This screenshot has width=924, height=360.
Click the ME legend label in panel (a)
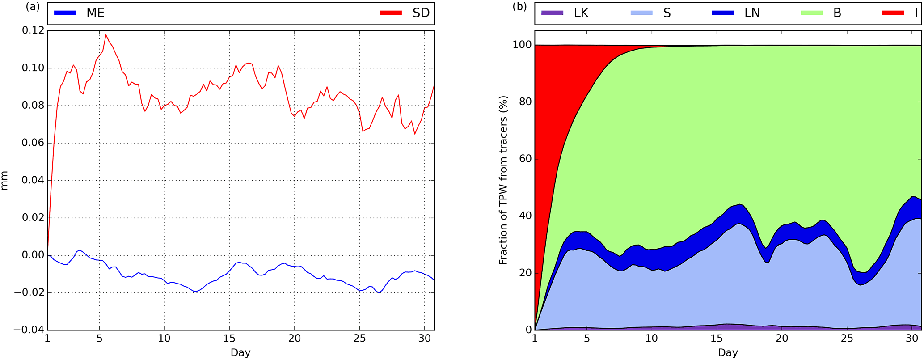click(95, 13)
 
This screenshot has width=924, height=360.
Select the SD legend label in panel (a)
click(421, 13)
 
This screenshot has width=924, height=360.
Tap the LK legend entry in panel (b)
click(581, 13)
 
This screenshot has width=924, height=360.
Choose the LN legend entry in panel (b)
click(752, 13)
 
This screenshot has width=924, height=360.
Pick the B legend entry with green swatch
click(837, 13)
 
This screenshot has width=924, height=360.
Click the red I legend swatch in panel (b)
click(893, 13)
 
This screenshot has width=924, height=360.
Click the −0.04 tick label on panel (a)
click(29, 330)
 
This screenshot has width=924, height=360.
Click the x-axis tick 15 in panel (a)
click(229, 339)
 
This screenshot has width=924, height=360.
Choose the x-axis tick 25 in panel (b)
click(847, 339)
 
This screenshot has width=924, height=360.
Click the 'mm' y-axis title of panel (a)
click(5, 181)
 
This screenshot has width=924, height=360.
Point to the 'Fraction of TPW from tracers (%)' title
click(503, 180)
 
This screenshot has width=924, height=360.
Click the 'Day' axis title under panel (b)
click(728, 353)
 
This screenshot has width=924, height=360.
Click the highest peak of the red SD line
click(106, 35)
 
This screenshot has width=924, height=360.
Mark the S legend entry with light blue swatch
click(667, 13)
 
